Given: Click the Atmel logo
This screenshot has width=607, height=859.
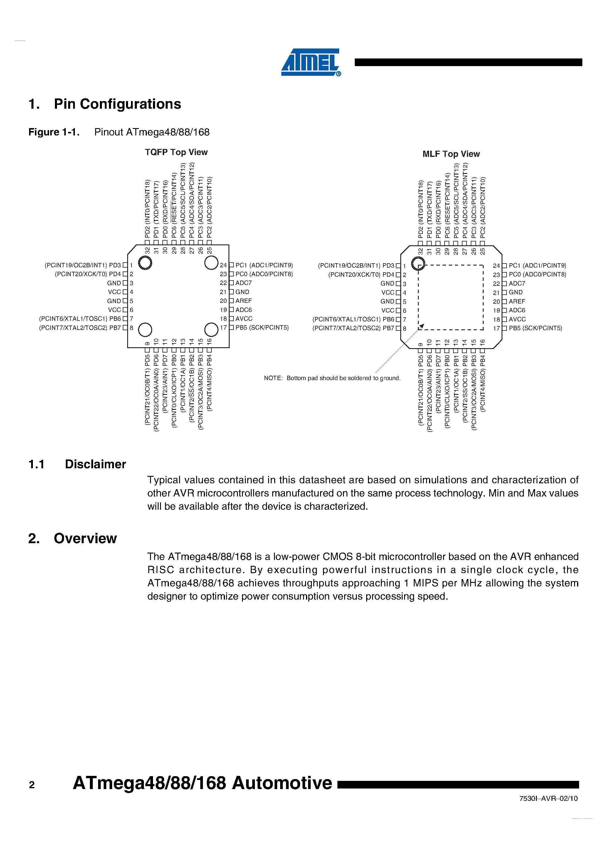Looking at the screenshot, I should pyautogui.click(x=310, y=62).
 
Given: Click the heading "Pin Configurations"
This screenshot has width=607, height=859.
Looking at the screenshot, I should pyautogui.click(x=117, y=104).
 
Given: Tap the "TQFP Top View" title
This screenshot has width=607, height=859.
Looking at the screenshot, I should pyautogui.click(x=176, y=152).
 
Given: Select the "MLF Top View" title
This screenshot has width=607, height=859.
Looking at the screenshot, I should pyautogui.click(x=451, y=154).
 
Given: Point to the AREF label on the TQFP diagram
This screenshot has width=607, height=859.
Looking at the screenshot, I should pyautogui.click(x=243, y=301).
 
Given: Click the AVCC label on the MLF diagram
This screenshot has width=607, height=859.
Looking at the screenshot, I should pyautogui.click(x=517, y=319).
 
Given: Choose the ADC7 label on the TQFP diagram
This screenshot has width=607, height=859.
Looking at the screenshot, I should pyautogui.click(x=243, y=283).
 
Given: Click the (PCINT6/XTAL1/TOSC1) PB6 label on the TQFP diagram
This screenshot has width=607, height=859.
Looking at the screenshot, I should pyautogui.click(x=80, y=319).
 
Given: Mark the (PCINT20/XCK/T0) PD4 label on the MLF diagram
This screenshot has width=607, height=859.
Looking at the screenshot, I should pyautogui.click(x=361, y=275).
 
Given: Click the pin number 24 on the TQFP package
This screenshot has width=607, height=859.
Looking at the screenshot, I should pyautogui.click(x=223, y=265).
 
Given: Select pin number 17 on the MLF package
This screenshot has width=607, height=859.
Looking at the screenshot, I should pyautogui.click(x=496, y=328).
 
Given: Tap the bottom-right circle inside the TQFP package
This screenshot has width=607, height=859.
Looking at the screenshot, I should pyautogui.click(x=211, y=330).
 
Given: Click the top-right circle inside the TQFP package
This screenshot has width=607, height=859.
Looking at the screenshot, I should pyautogui.click(x=211, y=263).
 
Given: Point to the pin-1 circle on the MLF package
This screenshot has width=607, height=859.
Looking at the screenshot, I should pyautogui.click(x=418, y=264).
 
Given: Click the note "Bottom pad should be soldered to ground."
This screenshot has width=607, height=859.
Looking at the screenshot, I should pyautogui.click(x=332, y=378).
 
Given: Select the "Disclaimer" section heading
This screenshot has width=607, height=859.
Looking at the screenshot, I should pyautogui.click(x=95, y=464).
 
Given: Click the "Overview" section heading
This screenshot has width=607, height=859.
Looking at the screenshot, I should pyautogui.click(x=85, y=538).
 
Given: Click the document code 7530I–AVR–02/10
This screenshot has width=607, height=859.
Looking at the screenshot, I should pyautogui.click(x=548, y=798).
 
